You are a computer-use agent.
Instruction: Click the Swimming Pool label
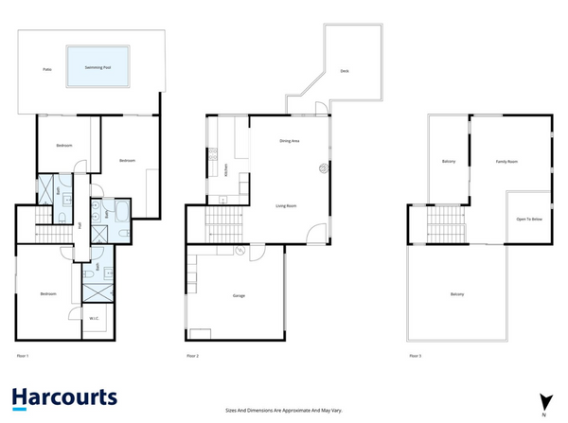pos(98,68)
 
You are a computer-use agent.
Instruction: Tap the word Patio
pos(46,70)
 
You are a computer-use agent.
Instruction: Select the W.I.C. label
pos(96,318)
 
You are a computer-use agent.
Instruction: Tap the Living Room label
pos(287,205)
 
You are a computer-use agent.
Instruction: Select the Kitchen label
pos(226,171)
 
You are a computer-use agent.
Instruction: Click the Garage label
pos(239,295)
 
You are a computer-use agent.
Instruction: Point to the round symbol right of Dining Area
pos(322,169)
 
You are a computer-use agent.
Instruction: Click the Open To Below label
pos(528,219)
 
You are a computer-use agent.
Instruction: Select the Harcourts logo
pos(64,397)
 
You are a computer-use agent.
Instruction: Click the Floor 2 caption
pos(192,356)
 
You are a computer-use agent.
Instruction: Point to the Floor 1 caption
pos(24,356)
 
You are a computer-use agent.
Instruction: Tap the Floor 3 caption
pos(415,356)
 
